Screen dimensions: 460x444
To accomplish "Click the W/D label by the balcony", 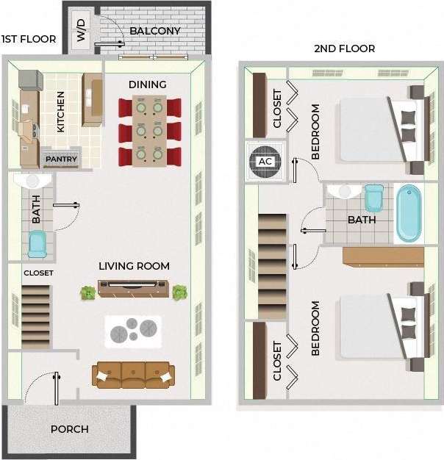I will [81, 30].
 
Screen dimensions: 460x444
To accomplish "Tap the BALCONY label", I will [155, 31].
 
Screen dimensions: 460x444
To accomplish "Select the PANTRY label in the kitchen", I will [62, 159].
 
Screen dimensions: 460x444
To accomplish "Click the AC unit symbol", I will [263, 161].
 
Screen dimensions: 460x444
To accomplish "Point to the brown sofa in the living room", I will [134, 375].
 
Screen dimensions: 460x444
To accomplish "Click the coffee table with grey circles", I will [133, 331].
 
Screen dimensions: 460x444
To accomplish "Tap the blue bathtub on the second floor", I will [409, 213].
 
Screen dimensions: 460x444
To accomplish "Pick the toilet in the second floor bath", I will [374, 198].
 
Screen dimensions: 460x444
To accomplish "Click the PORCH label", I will [70, 429].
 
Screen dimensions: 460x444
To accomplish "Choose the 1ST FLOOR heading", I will [29, 39].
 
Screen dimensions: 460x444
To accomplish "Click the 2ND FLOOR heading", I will [345, 48].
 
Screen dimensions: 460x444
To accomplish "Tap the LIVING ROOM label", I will [135, 266].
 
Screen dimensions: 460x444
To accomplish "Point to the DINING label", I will [148, 85].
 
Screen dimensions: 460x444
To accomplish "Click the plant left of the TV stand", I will [88, 292].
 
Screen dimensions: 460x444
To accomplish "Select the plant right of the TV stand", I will [179, 292].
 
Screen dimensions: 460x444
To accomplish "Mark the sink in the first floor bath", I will [32, 181].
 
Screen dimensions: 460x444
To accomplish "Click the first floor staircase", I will [36, 312].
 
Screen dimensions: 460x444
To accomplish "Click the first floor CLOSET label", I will [38, 273].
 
